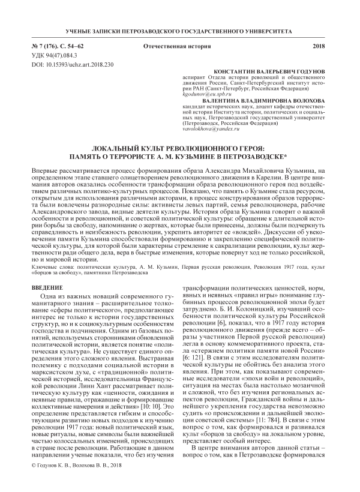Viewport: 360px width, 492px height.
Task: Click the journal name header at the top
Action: click(x=179, y=28)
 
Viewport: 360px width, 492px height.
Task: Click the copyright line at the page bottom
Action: click(x=77, y=482)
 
